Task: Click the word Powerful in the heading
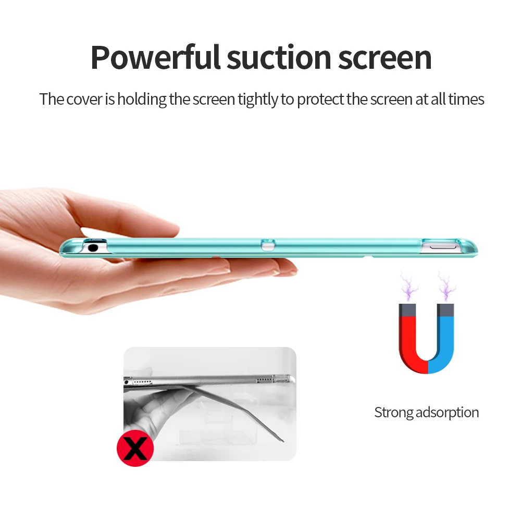pos(155,57)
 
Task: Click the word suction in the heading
pos(279,57)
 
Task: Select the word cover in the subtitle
pos(84,99)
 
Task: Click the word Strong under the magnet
pos(394,413)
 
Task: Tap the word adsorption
pos(447,413)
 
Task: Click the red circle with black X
pos(135,448)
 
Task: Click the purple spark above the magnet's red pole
pos(409,286)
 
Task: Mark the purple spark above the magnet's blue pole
pos(446,286)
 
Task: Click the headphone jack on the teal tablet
pos(93,247)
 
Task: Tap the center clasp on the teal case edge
pos(268,245)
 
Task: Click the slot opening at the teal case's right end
pos(441,247)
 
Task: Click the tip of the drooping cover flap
pos(283,441)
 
